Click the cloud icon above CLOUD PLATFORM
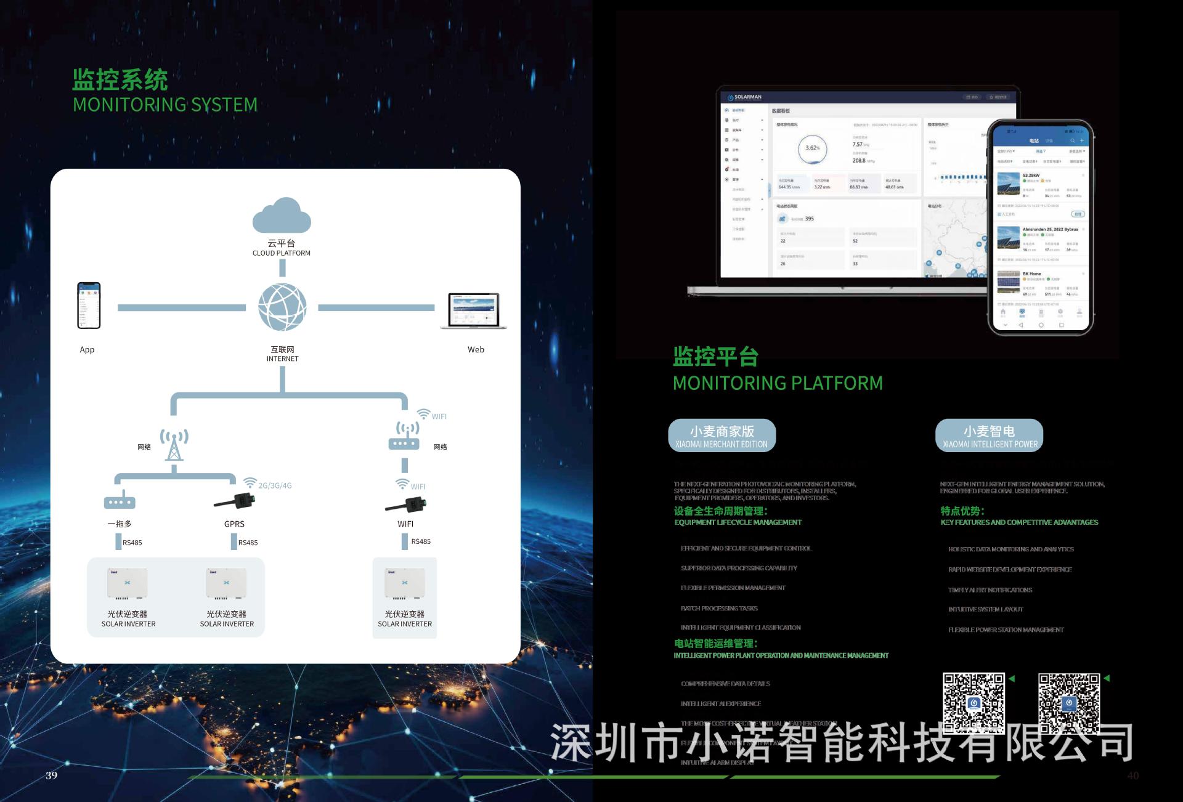click(x=282, y=215)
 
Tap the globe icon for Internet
click(x=282, y=307)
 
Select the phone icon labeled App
click(x=89, y=306)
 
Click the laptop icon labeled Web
click(x=474, y=311)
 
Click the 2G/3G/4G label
click(x=275, y=485)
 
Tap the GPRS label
click(x=234, y=524)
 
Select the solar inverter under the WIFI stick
click(x=404, y=584)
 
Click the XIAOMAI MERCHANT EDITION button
click(x=722, y=435)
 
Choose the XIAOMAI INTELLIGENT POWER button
click(x=989, y=435)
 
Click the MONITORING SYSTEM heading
click(x=165, y=105)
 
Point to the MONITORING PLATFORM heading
click(x=778, y=383)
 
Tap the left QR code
click(x=974, y=703)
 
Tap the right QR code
click(x=1069, y=703)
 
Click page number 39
click(x=52, y=775)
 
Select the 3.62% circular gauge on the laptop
click(x=813, y=148)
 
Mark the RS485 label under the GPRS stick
click(x=248, y=543)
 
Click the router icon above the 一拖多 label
click(x=120, y=501)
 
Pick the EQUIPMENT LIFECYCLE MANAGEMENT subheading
click(x=738, y=522)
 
